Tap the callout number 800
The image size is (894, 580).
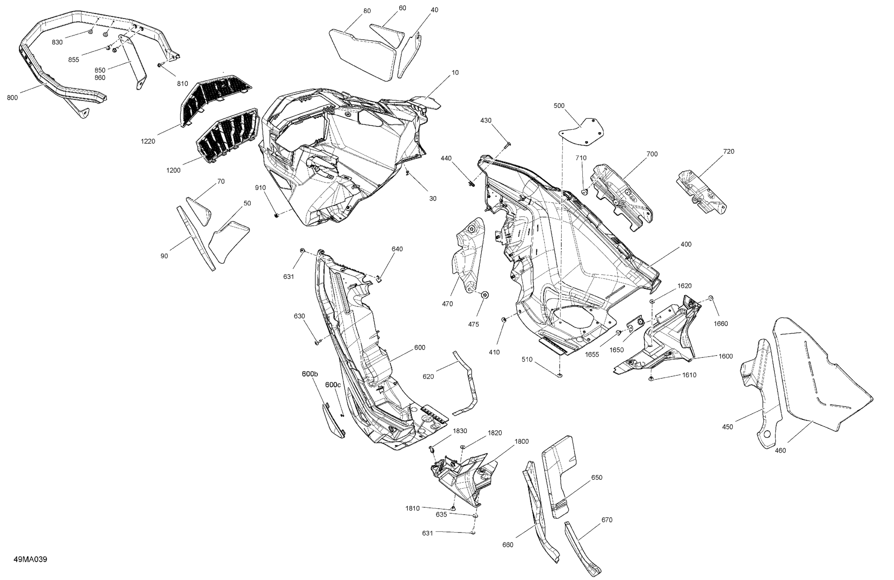pyautogui.click(x=12, y=98)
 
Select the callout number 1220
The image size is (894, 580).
pyautogui.click(x=148, y=141)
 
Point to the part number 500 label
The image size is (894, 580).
pyautogui.click(x=559, y=106)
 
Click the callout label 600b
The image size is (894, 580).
pyautogui.click(x=310, y=374)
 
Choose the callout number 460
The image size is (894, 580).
pyautogui.click(x=780, y=450)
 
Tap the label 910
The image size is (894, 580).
pyautogui.click(x=260, y=188)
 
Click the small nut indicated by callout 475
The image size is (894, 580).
pyautogui.click(x=485, y=295)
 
